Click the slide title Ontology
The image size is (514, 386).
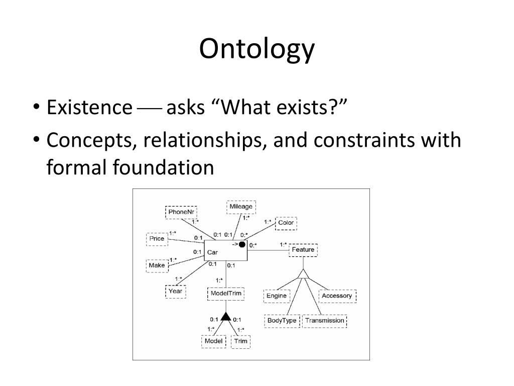(256, 49)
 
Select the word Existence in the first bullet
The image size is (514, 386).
(89, 107)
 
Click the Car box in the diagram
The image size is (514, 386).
(225, 250)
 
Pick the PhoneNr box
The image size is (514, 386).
(181, 212)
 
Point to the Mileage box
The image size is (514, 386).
(241, 207)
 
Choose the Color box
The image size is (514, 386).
(286, 223)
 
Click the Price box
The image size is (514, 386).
(157, 239)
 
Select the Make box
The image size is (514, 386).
(157, 265)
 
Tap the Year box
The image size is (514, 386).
(175, 291)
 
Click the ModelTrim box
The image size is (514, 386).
(226, 294)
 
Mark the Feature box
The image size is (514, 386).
(303, 250)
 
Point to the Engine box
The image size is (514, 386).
(277, 296)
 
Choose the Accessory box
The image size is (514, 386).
(337, 296)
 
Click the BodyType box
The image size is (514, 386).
(282, 321)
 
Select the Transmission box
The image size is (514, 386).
(325, 321)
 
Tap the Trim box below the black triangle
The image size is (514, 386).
(240, 341)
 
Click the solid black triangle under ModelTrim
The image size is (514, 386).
(226, 317)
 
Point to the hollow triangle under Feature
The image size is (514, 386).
(303, 274)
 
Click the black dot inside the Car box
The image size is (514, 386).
(242, 245)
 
